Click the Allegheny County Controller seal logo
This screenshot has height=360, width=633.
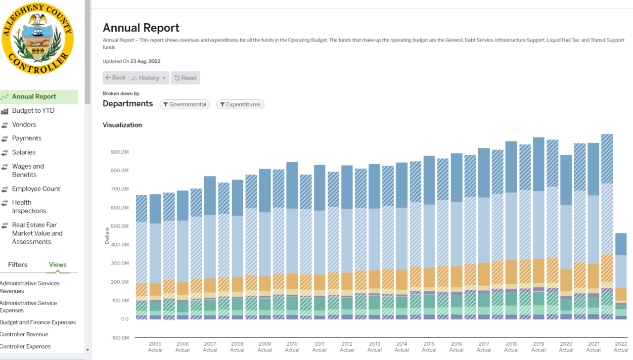click(38, 39)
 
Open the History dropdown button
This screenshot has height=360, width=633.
click(148, 78)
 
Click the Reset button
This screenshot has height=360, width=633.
click(185, 78)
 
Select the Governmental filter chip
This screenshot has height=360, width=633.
click(184, 104)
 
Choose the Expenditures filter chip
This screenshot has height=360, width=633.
click(240, 104)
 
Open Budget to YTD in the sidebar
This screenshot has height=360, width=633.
click(33, 111)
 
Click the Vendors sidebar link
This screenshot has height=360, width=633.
click(24, 125)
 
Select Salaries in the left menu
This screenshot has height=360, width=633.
click(24, 152)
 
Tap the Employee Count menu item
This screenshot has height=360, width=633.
click(36, 189)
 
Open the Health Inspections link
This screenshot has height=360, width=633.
click(29, 207)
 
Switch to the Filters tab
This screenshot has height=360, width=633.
click(18, 265)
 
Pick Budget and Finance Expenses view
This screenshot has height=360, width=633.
click(38, 322)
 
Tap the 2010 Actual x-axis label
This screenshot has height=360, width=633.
click(292, 347)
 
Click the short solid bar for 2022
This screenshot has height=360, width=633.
click(621, 277)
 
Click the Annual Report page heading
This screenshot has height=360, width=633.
click(141, 28)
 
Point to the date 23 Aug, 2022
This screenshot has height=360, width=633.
click(145, 61)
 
